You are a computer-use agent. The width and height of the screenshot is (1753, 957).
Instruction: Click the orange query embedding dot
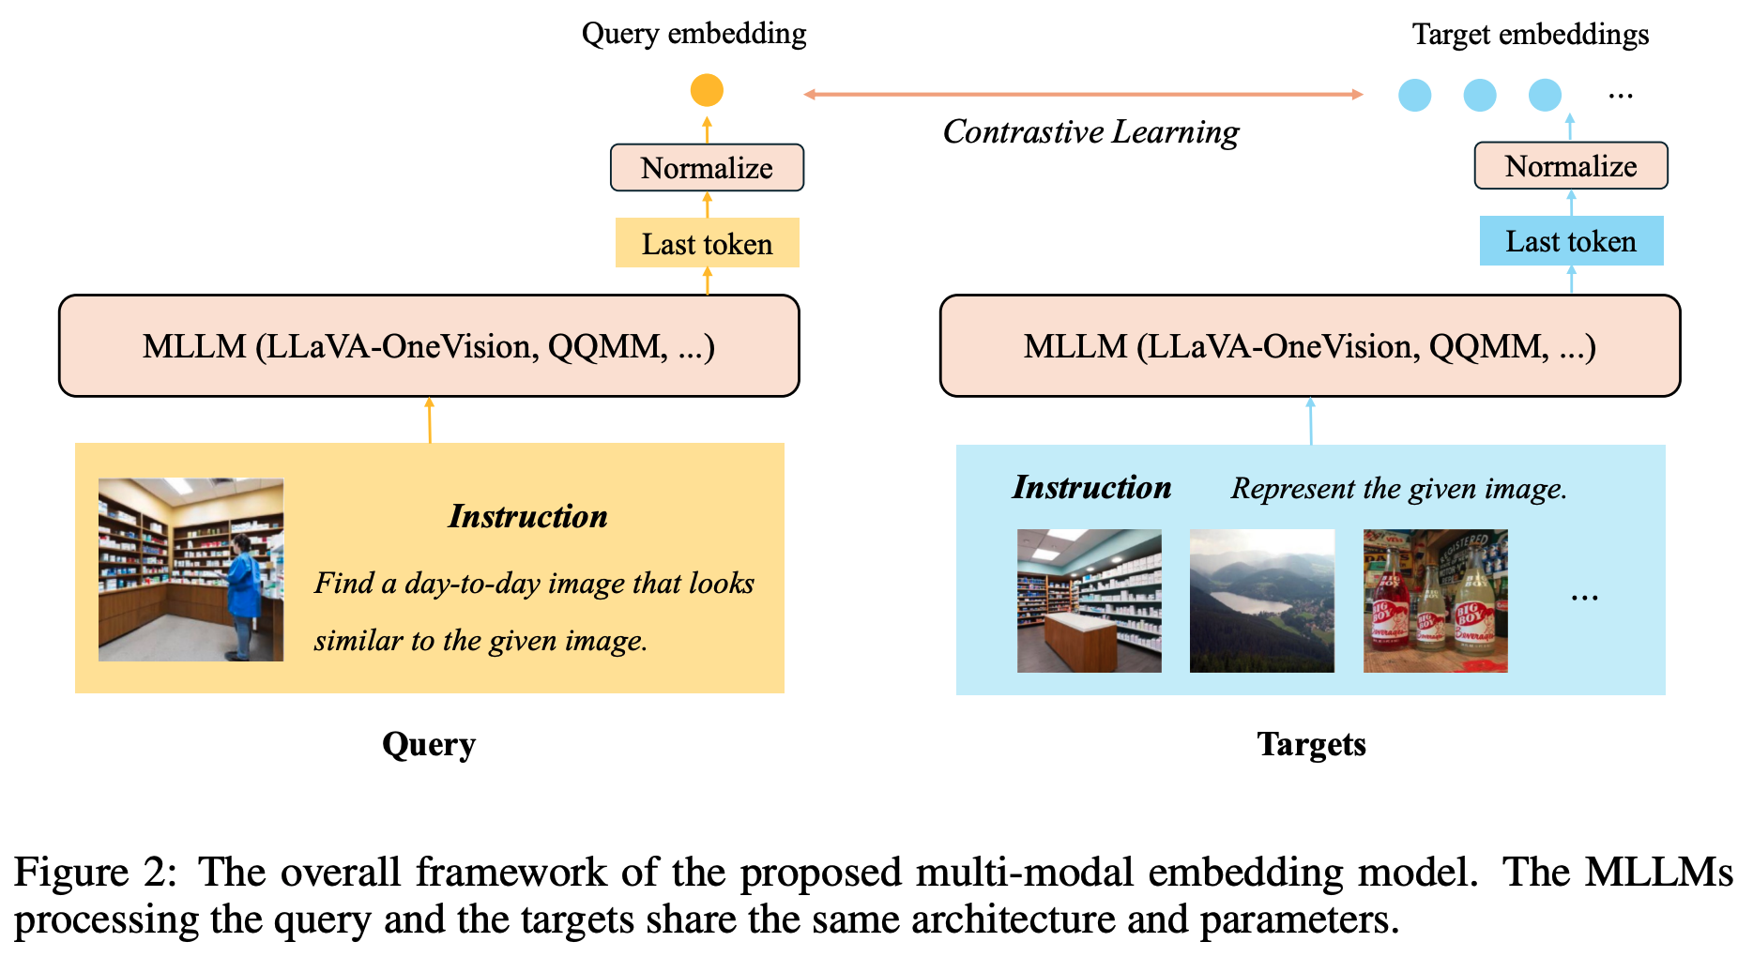707,90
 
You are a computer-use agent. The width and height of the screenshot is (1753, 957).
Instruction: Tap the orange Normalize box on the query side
707,168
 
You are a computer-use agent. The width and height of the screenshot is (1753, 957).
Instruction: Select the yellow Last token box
707,243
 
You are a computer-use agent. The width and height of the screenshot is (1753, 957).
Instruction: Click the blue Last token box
1571,241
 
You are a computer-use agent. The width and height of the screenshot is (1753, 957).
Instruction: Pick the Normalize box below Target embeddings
1571,166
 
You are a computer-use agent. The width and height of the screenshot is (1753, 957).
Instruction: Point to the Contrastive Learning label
1090,132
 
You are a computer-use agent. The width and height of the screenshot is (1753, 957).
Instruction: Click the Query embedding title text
694,34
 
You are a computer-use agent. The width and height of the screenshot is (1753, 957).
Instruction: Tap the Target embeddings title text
1530,35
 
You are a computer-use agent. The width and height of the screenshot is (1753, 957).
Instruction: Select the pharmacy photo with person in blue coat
191,570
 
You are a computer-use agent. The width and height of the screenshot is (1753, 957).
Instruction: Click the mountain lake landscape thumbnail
1261,600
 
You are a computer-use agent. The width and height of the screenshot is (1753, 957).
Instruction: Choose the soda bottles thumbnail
1435,600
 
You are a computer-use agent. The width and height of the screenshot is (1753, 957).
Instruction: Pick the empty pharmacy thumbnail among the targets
1089,600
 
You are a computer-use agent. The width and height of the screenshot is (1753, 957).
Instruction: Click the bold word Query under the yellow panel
429,744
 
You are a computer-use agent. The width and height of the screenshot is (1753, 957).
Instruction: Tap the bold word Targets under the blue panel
1311,744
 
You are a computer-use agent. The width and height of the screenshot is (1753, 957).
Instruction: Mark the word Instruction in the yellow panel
527,516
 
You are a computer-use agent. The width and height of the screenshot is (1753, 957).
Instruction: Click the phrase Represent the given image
1398,488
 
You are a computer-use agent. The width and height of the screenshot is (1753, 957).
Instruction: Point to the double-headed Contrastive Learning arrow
1083,94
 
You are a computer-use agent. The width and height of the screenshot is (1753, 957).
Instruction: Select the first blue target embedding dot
1414,95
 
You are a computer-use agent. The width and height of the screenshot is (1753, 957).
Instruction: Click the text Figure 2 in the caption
94,872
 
